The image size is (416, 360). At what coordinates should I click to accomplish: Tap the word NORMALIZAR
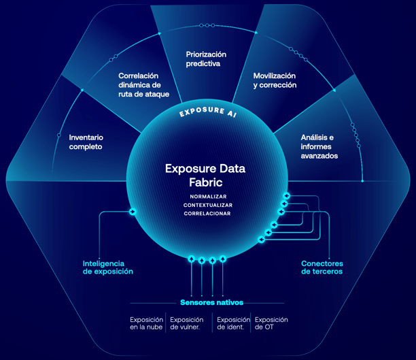(208, 197)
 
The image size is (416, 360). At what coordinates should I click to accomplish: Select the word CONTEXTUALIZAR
(208, 205)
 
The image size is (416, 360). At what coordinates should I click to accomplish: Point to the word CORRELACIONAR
(208, 214)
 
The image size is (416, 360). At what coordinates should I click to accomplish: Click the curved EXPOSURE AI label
(207, 111)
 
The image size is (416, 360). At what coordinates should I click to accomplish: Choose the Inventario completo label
(86, 142)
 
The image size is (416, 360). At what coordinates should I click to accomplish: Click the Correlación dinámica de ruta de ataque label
(139, 85)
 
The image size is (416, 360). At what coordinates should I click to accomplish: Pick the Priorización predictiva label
(206, 59)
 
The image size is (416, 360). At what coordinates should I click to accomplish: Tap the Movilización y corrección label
(275, 80)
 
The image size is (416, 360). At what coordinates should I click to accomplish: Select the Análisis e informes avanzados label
(319, 146)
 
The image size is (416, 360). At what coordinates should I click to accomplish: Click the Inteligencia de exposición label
(107, 267)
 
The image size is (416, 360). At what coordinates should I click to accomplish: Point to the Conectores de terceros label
(322, 267)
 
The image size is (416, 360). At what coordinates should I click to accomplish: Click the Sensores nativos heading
(211, 302)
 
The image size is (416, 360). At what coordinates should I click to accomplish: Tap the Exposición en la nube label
(147, 323)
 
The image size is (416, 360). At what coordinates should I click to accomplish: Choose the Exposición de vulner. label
(186, 323)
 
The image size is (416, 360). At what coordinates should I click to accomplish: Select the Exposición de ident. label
(232, 323)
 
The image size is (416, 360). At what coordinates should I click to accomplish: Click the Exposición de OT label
(271, 323)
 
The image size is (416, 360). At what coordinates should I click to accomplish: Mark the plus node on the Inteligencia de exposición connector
(133, 212)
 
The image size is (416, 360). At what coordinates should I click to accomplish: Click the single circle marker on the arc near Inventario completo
(59, 135)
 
